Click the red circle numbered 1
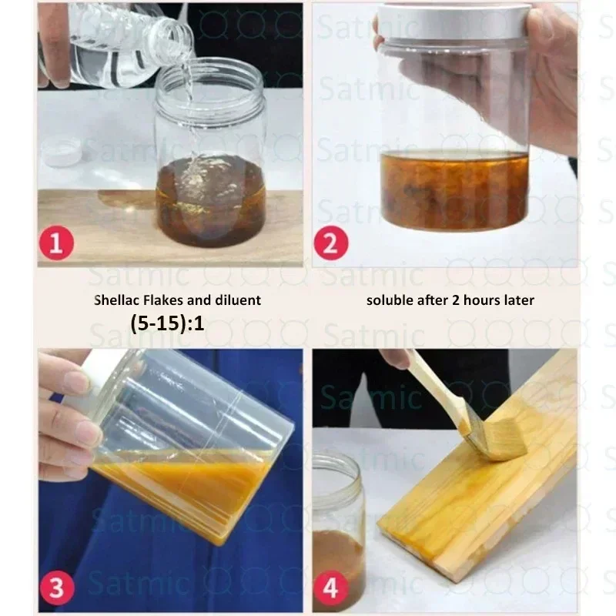point(56,243)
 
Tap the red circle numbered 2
point(331,243)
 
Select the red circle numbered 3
point(56,588)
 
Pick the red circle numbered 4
point(331,588)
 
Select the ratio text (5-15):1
point(167,323)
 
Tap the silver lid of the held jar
point(455,21)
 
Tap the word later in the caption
point(518,300)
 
